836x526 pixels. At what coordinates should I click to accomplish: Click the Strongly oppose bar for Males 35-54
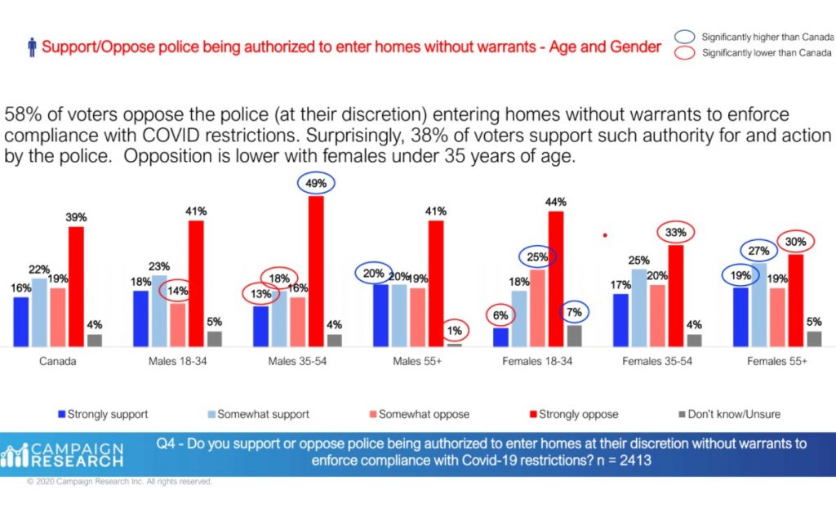tap(316, 271)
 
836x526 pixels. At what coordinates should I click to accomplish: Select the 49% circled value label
tap(316, 183)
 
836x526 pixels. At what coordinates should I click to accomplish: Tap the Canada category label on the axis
tap(58, 361)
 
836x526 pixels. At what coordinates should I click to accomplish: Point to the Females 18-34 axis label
tap(537, 361)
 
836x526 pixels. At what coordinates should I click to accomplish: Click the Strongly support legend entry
tap(103, 414)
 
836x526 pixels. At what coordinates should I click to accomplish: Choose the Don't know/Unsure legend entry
tap(729, 414)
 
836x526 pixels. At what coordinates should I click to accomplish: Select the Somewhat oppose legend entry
tap(420, 414)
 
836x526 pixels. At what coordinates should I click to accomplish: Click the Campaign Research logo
tap(62, 455)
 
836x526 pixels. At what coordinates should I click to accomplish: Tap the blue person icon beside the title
tap(32, 47)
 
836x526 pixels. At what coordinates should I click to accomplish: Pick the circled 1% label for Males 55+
tap(454, 331)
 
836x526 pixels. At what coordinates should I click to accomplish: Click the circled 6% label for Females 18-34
tap(500, 315)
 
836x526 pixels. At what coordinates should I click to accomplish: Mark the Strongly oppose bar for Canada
tap(76, 287)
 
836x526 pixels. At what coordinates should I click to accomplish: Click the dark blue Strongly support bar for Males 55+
tap(380, 316)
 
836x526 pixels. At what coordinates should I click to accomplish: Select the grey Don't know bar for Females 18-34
tap(574, 336)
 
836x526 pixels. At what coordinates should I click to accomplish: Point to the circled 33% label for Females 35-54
tap(675, 233)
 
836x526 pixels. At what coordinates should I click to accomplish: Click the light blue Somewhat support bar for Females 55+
tap(758, 305)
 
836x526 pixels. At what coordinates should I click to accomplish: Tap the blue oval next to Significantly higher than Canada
tap(685, 37)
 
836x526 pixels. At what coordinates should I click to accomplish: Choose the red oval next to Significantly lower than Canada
tap(685, 53)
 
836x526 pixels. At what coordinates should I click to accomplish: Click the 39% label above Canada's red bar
tap(76, 217)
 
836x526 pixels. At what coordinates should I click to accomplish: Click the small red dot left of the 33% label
tap(605, 234)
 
